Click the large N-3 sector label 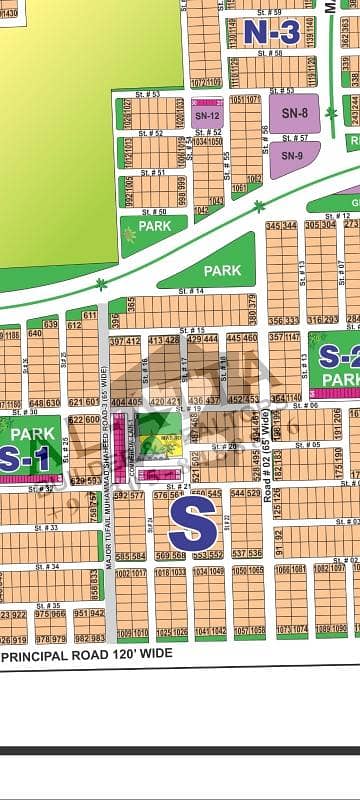271,33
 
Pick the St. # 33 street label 46,527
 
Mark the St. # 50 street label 154,212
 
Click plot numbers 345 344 282,226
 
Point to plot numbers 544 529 245,494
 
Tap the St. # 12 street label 342,216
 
